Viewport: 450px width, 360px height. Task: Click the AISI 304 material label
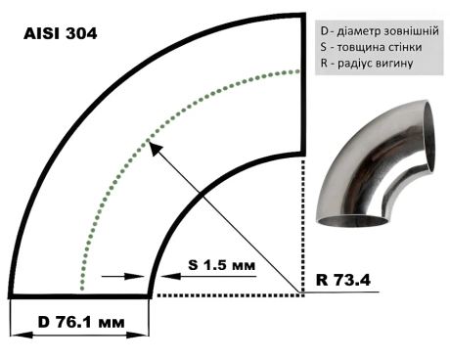tap(61, 33)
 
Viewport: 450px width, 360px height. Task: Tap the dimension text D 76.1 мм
tap(81, 323)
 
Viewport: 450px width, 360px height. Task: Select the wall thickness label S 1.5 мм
tap(221, 265)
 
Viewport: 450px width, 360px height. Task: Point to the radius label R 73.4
tap(343, 280)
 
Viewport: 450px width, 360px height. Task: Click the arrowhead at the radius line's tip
tap(156, 149)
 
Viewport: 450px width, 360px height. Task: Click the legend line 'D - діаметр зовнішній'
tap(380, 31)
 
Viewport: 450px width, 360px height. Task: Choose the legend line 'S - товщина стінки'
tap(371, 47)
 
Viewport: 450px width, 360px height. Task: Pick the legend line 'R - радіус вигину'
tap(367, 63)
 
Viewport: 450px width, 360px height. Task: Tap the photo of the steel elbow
tap(376, 163)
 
